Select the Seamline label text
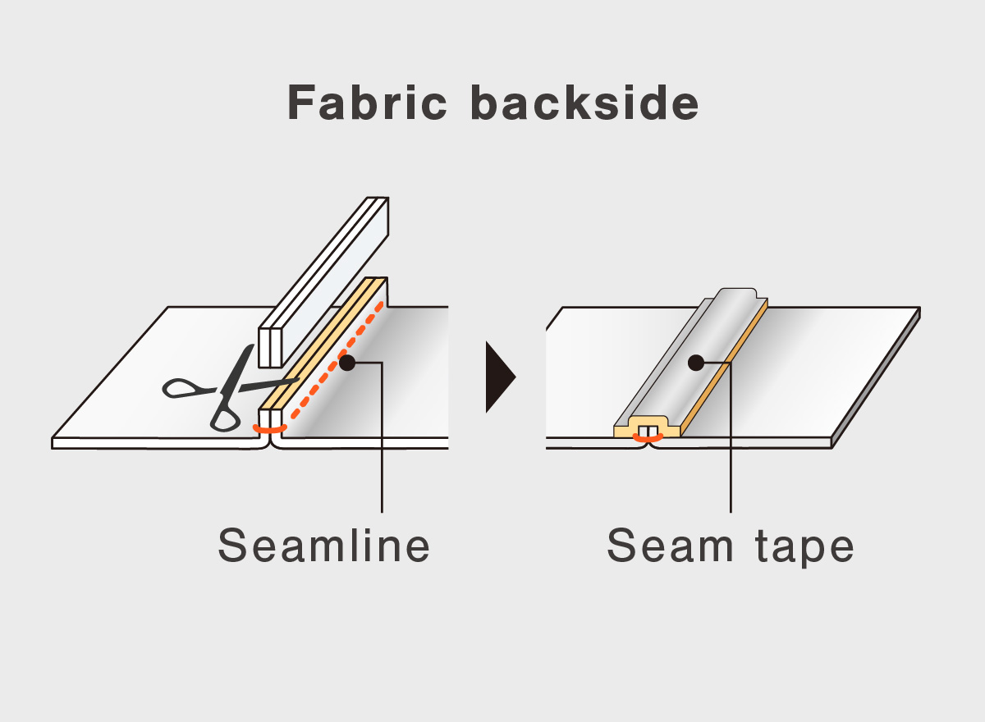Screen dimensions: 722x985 pos(324,546)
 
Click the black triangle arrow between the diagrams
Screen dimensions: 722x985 pos(499,377)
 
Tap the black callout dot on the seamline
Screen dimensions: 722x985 pos(346,362)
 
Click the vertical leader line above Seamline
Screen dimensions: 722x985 pos(383,443)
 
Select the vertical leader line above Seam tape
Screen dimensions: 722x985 pos(731,443)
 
